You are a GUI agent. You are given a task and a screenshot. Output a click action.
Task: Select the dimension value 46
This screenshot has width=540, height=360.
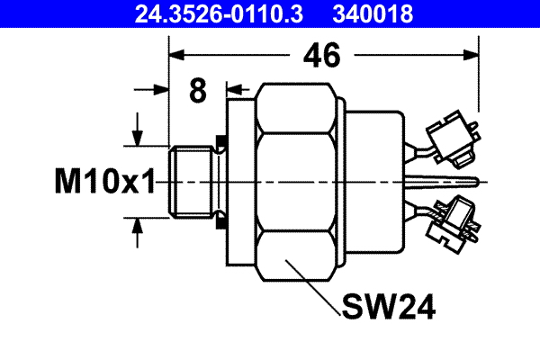tap(320, 56)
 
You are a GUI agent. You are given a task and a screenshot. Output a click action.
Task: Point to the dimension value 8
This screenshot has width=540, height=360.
tap(198, 90)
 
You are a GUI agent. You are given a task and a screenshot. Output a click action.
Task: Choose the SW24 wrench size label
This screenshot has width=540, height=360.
tap(388, 308)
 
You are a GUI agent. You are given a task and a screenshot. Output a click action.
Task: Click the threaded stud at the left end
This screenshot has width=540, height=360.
tap(190, 181)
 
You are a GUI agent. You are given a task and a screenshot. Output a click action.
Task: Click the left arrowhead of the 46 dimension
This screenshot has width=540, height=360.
tap(175, 57)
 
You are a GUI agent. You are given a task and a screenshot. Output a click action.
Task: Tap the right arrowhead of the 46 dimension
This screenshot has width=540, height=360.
tap(471, 57)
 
